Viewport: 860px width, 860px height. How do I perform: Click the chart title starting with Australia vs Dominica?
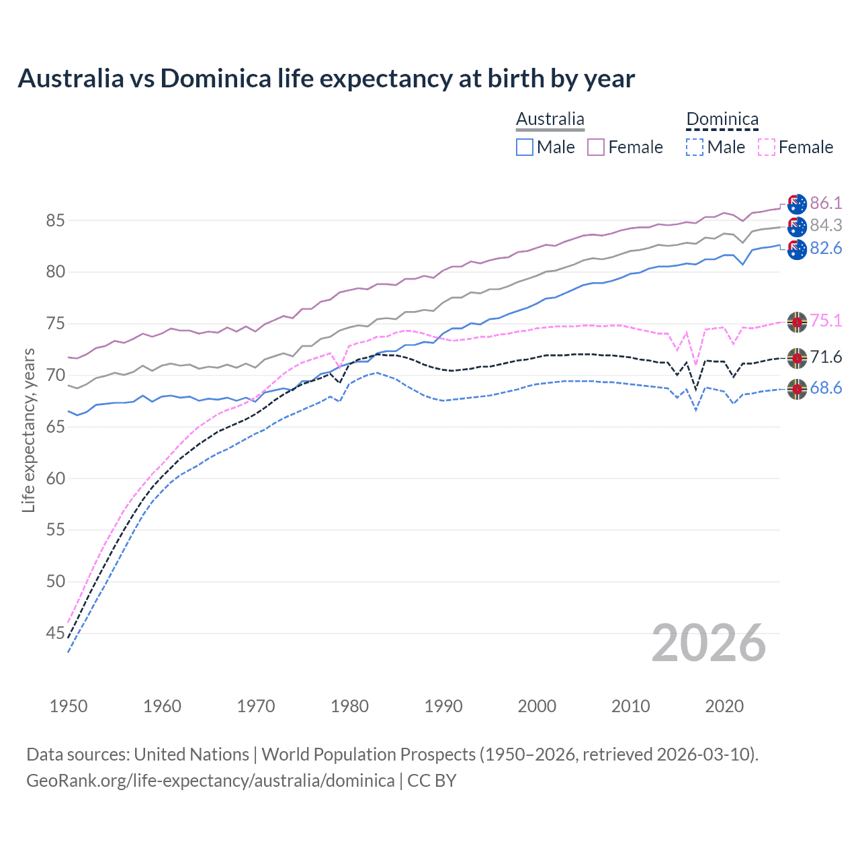[326, 79]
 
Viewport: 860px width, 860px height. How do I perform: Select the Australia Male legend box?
[525, 147]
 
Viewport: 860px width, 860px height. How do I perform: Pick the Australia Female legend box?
[596, 147]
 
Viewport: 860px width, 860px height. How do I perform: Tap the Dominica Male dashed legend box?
[695, 147]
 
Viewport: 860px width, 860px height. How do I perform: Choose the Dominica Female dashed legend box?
[767, 147]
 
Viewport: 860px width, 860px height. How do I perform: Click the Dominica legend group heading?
[722, 120]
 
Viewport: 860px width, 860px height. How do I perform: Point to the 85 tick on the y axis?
[56, 220]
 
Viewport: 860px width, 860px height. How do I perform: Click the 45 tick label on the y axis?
[56, 633]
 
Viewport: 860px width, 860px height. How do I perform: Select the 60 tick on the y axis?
[56, 478]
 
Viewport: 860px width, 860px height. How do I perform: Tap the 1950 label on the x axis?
[69, 706]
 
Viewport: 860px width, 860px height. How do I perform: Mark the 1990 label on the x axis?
[443, 706]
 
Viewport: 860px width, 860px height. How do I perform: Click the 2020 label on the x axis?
[724, 706]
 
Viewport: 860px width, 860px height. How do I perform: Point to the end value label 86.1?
[826, 203]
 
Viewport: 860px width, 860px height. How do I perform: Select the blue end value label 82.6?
[826, 249]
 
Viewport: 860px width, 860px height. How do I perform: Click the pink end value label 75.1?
[826, 320]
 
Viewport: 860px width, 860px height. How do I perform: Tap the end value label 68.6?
[826, 388]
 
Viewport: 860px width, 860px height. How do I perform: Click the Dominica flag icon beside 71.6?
[797, 357]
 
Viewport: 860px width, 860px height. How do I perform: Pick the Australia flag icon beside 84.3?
[797, 226]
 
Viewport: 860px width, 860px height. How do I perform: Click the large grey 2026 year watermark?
[709, 643]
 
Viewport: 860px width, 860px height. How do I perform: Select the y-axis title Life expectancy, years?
[28, 430]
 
